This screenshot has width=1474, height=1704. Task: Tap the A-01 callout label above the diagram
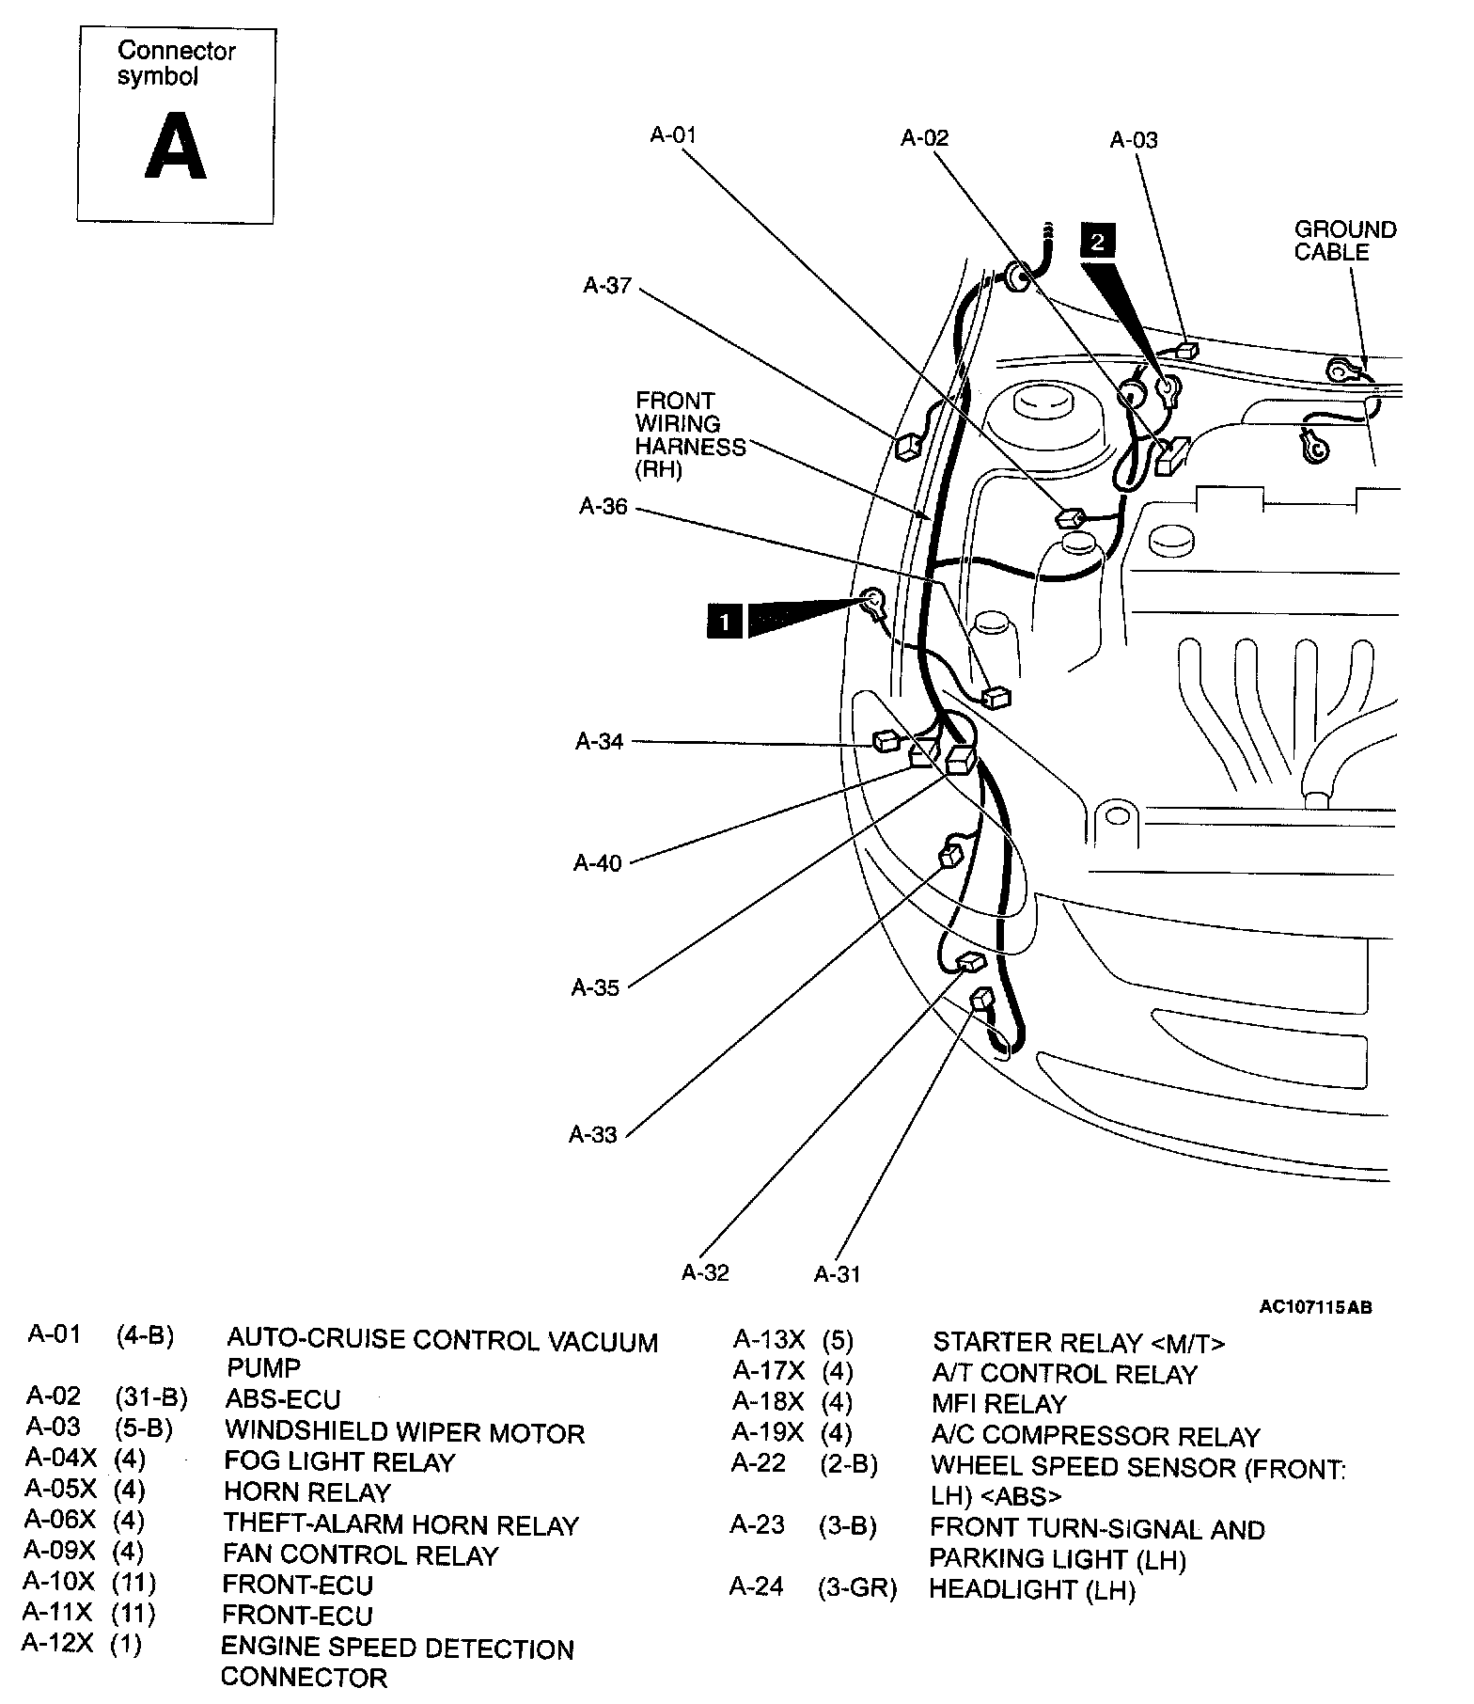click(x=673, y=134)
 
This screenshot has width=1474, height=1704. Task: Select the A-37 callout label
click(x=607, y=285)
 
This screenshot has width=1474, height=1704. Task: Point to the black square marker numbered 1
click(x=724, y=622)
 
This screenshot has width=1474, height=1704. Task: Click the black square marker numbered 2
click(x=1098, y=242)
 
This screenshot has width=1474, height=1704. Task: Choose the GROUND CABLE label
click(x=1344, y=241)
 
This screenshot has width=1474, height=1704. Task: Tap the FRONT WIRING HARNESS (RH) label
click(x=690, y=435)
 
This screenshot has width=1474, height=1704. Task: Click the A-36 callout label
click(x=604, y=506)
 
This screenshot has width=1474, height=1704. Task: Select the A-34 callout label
click(x=600, y=741)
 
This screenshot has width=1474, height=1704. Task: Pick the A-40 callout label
click(x=598, y=862)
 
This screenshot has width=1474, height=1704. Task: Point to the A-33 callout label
click(x=593, y=1134)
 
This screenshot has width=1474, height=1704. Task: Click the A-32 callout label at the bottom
click(x=705, y=1272)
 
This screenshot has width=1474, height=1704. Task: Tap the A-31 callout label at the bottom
click(x=837, y=1274)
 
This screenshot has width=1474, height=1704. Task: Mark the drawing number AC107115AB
click(x=1315, y=1307)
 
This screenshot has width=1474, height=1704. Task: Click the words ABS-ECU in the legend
click(x=283, y=1399)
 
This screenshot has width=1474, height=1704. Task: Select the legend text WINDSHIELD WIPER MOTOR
click(x=404, y=1432)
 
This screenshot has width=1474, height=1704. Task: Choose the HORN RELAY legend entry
click(x=306, y=1492)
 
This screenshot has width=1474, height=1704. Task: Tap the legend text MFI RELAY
click(x=999, y=1404)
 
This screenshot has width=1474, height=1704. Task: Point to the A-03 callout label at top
click(x=1134, y=140)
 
